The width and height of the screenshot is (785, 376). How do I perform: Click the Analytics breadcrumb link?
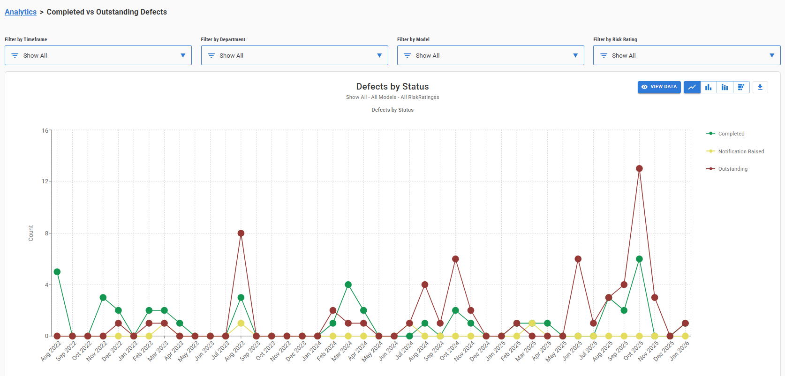pyautogui.click(x=21, y=12)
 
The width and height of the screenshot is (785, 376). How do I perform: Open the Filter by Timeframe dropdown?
pyautogui.click(x=98, y=55)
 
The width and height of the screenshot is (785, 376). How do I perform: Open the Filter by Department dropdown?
pyautogui.click(x=294, y=55)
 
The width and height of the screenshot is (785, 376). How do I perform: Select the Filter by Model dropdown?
pyautogui.click(x=490, y=55)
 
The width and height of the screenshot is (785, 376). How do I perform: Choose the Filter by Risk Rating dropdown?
pyautogui.click(x=687, y=55)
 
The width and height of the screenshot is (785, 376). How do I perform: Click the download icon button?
pyautogui.click(x=760, y=87)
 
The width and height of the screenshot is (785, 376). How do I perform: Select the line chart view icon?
pyautogui.click(x=692, y=87)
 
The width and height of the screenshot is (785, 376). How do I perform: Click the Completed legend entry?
pyautogui.click(x=731, y=134)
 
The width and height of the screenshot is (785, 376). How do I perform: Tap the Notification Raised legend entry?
pyautogui.click(x=740, y=151)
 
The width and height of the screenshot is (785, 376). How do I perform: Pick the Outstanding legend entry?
pyautogui.click(x=732, y=169)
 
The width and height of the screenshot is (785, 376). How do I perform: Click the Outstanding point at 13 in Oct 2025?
pyautogui.click(x=639, y=168)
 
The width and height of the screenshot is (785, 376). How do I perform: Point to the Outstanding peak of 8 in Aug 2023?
pyautogui.click(x=241, y=233)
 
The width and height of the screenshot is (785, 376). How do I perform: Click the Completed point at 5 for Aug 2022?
pyautogui.click(x=57, y=272)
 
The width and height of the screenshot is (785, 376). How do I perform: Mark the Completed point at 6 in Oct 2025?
pyautogui.click(x=639, y=259)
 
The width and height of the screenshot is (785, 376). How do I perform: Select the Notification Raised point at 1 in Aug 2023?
pyautogui.click(x=241, y=323)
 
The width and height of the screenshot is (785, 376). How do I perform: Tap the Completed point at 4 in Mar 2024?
pyautogui.click(x=348, y=285)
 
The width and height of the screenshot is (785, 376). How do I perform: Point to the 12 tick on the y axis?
pyautogui.click(x=45, y=181)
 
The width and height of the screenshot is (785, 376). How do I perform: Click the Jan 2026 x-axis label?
pyautogui.click(x=679, y=351)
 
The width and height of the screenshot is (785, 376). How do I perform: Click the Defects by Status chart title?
pyautogui.click(x=392, y=87)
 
